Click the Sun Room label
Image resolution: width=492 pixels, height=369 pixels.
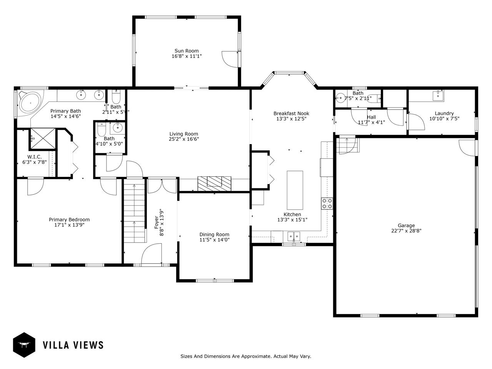[x=186, y=51]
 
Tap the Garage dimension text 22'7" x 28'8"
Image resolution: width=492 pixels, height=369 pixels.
[x=406, y=231]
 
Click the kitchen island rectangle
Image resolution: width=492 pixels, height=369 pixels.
[x=295, y=184]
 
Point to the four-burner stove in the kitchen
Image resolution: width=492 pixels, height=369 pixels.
[x=327, y=203]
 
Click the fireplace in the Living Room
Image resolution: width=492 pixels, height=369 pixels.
[x=214, y=183]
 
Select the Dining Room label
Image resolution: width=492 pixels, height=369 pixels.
[x=214, y=234]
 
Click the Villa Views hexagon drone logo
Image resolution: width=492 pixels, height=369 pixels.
[x=24, y=345]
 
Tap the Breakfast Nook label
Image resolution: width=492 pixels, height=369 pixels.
[x=291, y=113]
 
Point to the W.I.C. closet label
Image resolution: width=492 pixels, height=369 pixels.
[x=34, y=157]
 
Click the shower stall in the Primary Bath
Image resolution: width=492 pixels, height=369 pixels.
[x=43, y=139]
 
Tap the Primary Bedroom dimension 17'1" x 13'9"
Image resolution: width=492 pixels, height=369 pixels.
[x=69, y=225]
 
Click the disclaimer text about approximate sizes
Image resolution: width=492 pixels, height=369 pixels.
[x=246, y=356]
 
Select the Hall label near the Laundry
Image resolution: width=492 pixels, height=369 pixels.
[x=371, y=117]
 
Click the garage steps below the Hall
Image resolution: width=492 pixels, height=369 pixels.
[x=347, y=145]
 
